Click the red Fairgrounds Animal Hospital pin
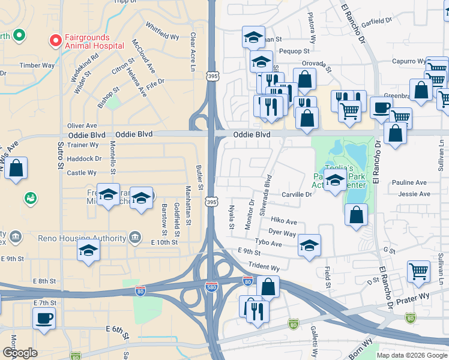pos(56,41)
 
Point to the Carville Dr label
pos(297,194)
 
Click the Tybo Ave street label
pos(268,244)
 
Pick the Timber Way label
pos(37,65)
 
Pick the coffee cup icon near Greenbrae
pos(381,107)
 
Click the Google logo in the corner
pos(20,353)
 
